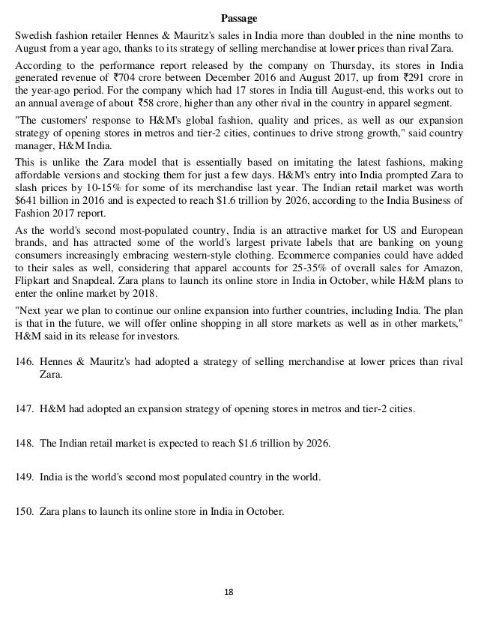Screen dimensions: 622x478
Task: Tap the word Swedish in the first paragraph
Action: [x=34, y=35]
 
